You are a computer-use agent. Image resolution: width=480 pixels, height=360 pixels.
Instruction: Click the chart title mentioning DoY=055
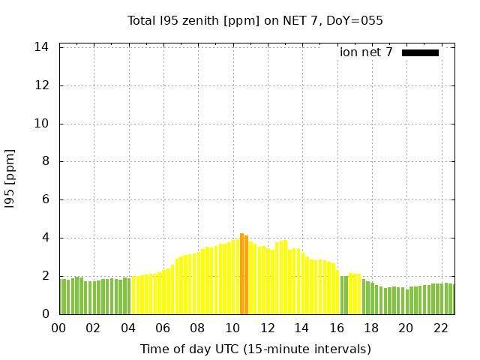[x=255, y=20]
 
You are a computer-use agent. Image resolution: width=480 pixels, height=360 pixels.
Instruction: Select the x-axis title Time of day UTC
[x=255, y=349]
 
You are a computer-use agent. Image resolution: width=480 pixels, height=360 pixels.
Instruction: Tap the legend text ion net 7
[x=366, y=52]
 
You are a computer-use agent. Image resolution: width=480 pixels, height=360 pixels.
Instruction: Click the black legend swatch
[x=420, y=52]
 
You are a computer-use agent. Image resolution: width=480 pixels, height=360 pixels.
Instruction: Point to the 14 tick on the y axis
[x=42, y=47]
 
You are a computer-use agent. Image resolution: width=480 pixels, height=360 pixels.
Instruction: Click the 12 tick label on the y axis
[x=42, y=85]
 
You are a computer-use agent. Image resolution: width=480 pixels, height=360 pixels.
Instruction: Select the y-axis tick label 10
[x=42, y=124]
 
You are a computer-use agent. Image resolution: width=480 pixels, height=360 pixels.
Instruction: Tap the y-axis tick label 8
[x=45, y=161]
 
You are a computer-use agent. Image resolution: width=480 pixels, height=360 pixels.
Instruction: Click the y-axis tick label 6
[x=45, y=199]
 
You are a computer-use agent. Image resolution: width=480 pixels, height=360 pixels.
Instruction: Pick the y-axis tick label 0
[x=45, y=314]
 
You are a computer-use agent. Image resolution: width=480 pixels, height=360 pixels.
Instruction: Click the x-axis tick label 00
[x=59, y=328]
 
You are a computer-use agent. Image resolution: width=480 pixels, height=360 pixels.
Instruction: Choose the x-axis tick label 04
[x=128, y=328]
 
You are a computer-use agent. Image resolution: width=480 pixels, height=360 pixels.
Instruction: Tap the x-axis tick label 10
[x=232, y=328]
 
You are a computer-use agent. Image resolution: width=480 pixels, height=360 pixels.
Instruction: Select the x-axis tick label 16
[x=336, y=328]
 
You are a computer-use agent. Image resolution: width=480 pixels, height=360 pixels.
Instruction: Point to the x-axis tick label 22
[x=440, y=328]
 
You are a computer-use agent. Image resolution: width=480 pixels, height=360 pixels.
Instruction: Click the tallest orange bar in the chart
[x=241, y=274]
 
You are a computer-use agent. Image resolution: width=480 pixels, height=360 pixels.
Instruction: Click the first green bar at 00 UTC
[x=61, y=297]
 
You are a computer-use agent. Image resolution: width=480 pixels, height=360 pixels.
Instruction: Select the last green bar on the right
[x=451, y=299]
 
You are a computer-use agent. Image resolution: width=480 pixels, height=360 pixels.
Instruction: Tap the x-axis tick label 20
[x=406, y=328]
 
